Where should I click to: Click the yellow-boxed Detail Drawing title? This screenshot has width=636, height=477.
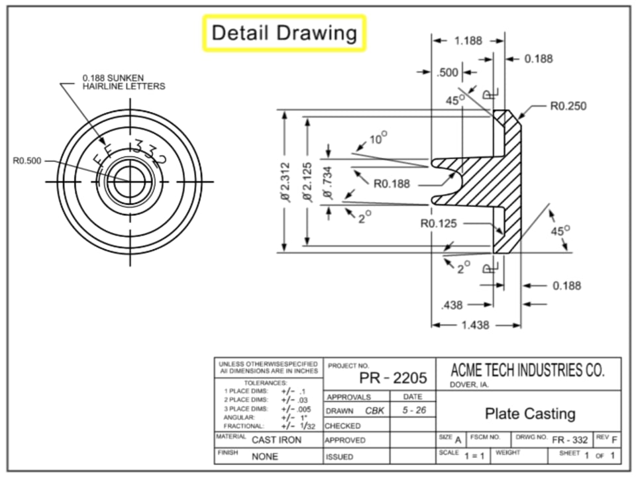[x=284, y=32]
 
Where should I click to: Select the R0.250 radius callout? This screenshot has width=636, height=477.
[x=568, y=106]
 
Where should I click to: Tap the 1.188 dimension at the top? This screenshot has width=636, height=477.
[x=468, y=40]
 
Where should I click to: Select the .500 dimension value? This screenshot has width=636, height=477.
[x=448, y=72]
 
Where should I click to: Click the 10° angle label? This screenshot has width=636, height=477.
[x=378, y=138]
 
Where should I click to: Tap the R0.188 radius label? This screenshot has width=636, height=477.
[x=392, y=184]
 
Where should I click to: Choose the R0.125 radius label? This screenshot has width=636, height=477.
[x=439, y=223]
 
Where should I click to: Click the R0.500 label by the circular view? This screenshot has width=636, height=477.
[x=26, y=160]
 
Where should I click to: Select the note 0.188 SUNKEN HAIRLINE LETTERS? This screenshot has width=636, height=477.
[x=123, y=81]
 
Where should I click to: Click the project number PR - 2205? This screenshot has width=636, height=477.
[x=393, y=378]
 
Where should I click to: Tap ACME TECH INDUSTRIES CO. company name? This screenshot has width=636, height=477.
[x=527, y=370]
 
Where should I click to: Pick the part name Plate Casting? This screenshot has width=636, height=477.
[x=530, y=414]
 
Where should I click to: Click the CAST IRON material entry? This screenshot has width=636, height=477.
[x=276, y=440]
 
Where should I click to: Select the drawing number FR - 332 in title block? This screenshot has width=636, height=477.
[x=570, y=440]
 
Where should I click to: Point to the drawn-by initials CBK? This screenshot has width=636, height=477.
[x=374, y=411]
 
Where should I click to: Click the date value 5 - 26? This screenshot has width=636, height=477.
[x=413, y=411]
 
